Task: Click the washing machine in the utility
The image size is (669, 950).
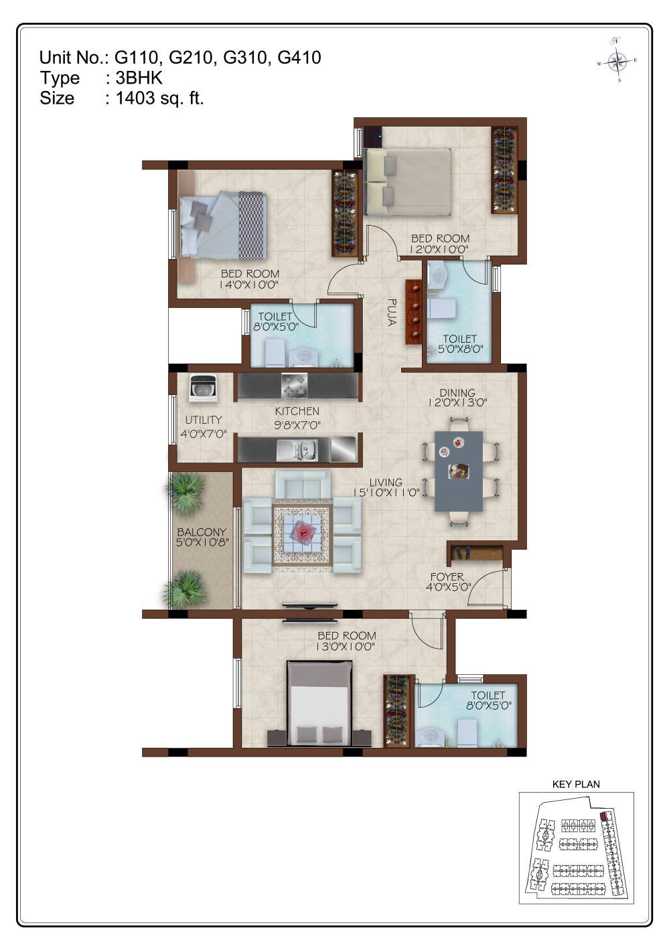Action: pyautogui.click(x=203, y=388)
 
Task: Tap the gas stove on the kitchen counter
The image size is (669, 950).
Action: pyautogui.click(x=294, y=385)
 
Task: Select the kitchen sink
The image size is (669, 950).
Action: pyautogui.click(x=297, y=449)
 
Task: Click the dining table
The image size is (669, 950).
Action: pyautogui.click(x=459, y=471)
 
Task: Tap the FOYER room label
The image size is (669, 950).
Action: pyautogui.click(x=447, y=577)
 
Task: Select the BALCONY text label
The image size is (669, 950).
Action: pyautogui.click(x=202, y=532)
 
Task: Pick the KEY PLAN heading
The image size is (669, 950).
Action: pyautogui.click(x=576, y=784)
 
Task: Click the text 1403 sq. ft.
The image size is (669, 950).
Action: pyautogui.click(x=160, y=98)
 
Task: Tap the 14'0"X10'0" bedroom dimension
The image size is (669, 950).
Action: pyautogui.click(x=248, y=285)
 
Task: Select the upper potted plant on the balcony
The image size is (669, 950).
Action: pyautogui.click(x=185, y=491)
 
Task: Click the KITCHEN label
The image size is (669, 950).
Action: pyautogui.click(x=297, y=411)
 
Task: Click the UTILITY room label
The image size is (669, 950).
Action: pyautogui.click(x=204, y=420)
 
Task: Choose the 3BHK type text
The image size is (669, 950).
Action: pyautogui.click(x=139, y=78)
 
